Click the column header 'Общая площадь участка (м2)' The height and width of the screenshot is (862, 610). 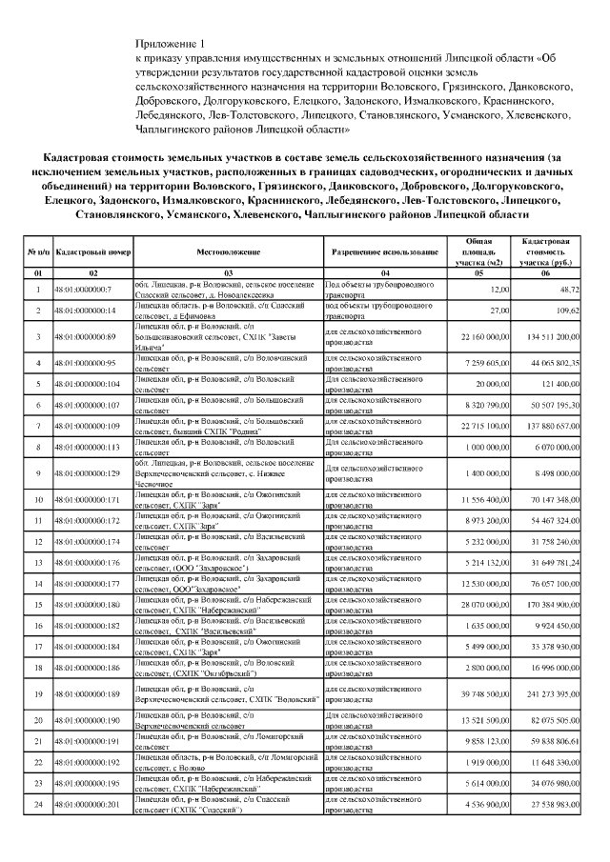coord(478,252)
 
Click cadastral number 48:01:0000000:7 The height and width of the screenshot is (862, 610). coord(84,289)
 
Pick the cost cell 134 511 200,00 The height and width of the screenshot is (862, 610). coord(551,336)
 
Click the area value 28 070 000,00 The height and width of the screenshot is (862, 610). coord(480,604)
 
